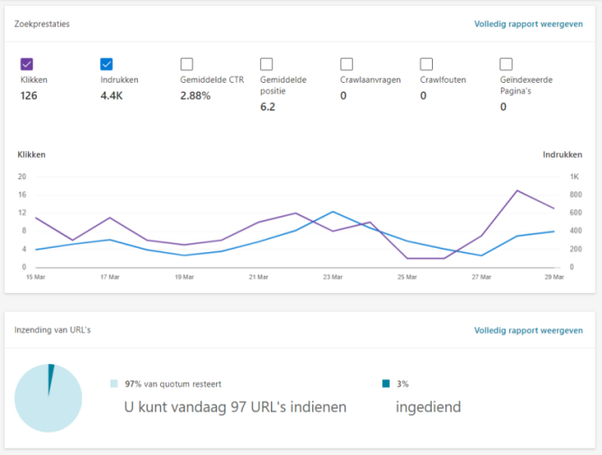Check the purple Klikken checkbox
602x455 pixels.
click(x=27, y=64)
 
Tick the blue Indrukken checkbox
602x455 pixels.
click(x=107, y=64)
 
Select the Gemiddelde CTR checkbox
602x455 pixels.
click(x=186, y=64)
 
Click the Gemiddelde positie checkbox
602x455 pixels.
click(x=266, y=64)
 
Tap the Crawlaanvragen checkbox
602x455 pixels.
click(x=346, y=64)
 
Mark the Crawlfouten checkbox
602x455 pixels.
click(x=427, y=64)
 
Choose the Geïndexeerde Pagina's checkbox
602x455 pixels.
click(x=506, y=64)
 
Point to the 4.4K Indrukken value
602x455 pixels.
click(x=112, y=96)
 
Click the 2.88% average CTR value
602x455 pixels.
click(x=195, y=96)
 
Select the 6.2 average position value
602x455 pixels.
click(x=267, y=106)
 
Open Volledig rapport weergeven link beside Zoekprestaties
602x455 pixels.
click(x=528, y=23)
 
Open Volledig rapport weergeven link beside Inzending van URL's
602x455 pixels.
click(x=528, y=331)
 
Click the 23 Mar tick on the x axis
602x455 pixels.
click(x=332, y=277)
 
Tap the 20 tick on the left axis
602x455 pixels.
click(x=22, y=177)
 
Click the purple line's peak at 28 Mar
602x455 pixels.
click(x=517, y=190)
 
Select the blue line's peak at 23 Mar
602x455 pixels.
click(x=333, y=212)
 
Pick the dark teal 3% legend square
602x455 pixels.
click(x=386, y=384)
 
